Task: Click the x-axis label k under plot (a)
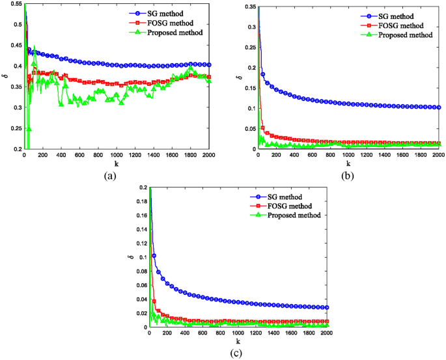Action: [115, 163]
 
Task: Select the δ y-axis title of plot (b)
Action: [238, 77]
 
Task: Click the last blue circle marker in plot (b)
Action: [439, 107]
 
